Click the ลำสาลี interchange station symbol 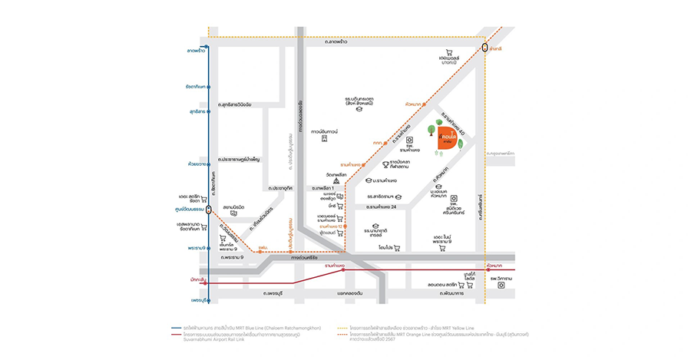coord(485,48)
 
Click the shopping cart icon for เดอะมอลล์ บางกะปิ coord(449,52)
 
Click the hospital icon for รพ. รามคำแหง coord(410,140)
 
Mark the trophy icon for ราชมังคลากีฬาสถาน coord(387,163)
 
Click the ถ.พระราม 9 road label coord(231,257)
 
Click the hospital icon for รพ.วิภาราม coord(501,286)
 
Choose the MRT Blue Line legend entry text coord(249,328)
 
